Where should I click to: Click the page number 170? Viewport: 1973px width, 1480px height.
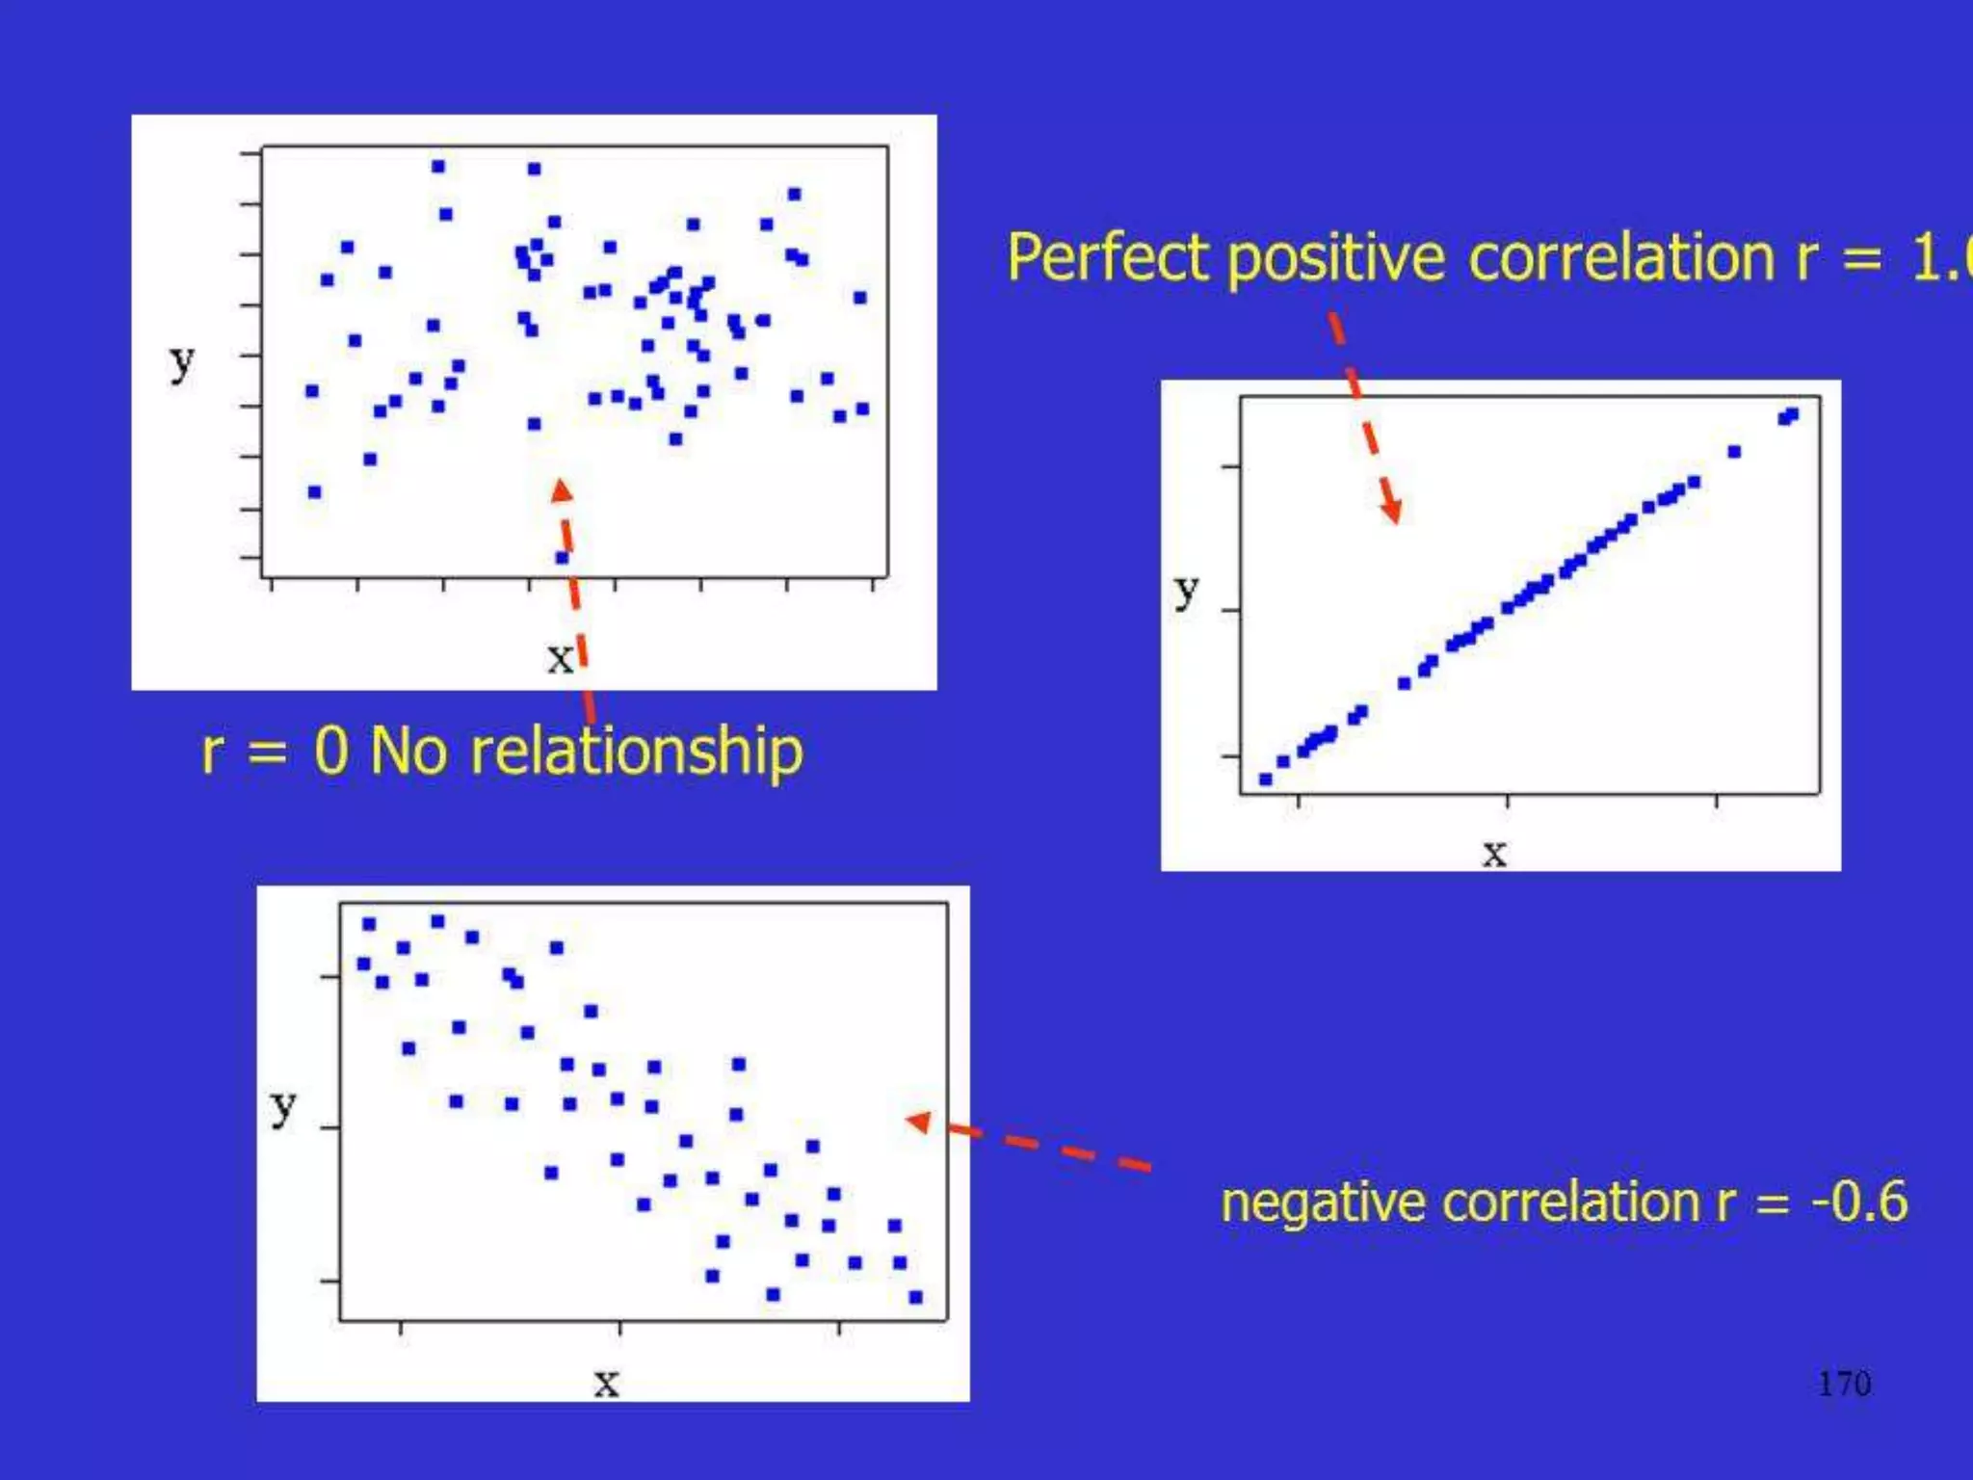(x=1843, y=1384)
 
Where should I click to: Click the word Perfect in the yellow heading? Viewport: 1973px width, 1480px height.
(x=1108, y=258)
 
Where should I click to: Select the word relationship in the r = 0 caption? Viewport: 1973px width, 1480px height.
(x=636, y=752)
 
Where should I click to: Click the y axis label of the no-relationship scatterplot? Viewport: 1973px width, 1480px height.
(x=181, y=362)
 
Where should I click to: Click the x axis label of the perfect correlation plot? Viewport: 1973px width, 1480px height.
(x=1493, y=853)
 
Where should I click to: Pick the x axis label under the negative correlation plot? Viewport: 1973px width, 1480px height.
(x=605, y=1383)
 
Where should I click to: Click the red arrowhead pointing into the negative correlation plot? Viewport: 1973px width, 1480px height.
(x=919, y=1122)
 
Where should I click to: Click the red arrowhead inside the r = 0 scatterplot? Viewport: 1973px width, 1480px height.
(x=562, y=491)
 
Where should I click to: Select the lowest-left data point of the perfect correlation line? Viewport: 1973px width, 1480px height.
(x=1265, y=779)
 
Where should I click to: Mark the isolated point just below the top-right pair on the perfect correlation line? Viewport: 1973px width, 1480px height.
(x=1734, y=451)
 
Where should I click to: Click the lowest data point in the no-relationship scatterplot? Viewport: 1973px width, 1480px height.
(x=563, y=557)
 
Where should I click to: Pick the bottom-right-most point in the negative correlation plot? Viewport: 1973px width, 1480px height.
(x=915, y=1297)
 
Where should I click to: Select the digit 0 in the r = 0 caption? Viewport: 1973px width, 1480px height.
(x=330, y=752)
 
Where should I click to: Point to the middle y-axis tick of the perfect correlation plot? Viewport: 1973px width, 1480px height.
(x=1230, y=610)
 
